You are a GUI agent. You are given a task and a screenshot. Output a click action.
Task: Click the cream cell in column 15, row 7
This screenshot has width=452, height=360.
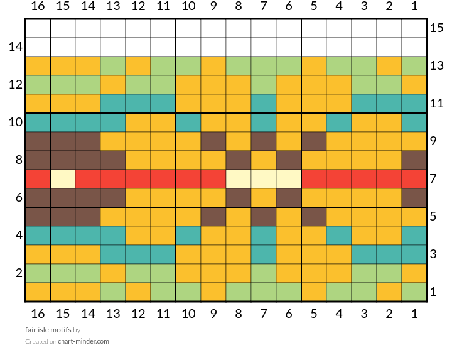(x=63, y=179)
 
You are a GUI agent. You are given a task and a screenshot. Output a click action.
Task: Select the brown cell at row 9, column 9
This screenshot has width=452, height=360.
(x=213, y=141)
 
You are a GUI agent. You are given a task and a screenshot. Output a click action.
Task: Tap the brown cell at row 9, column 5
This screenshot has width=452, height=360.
(x=314, y=141)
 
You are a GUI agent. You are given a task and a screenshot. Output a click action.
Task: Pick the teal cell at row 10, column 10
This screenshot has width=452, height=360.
(x=188, y=123)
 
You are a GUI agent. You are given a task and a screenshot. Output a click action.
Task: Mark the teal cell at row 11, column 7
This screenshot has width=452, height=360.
(x=264, y=104)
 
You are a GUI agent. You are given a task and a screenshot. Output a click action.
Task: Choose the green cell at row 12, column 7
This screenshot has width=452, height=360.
(x=264, y=85)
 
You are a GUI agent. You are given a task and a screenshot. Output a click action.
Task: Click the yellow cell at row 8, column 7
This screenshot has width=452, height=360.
(x=264, y=160)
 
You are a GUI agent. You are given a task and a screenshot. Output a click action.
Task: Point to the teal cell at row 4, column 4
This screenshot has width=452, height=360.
(x=339, y=236)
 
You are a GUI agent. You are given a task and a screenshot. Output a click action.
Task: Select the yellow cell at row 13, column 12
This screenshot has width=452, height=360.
(x=138, y=66)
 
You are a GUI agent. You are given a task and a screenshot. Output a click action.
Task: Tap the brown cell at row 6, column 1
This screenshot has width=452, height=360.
(x=414, y=198)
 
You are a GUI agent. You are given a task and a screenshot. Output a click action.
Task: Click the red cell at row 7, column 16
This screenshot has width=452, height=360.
(x=38, y=179)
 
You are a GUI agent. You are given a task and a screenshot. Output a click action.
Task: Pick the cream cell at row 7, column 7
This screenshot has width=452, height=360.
(x=264, y=179)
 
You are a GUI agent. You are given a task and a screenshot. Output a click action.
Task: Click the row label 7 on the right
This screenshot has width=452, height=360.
(x=433, y=179)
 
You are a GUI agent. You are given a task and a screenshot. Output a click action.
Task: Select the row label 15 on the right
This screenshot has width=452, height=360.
(x=437, y=28)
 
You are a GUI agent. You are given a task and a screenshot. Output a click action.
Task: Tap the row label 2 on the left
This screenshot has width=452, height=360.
(x=19, y=273)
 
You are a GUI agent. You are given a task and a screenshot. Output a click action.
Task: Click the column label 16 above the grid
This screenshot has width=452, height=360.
(x=38, y=7)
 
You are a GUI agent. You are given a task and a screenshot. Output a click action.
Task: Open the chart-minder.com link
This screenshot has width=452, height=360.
(x=83, y=342)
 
